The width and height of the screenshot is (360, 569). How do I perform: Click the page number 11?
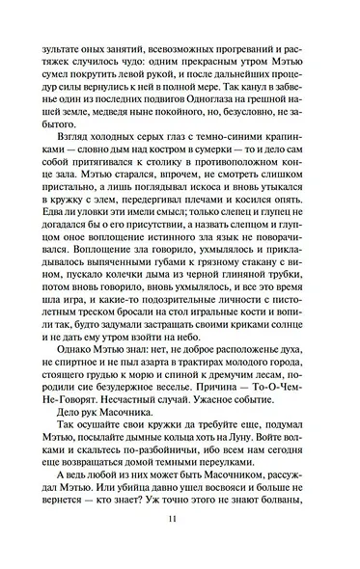[x=180, y=547]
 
